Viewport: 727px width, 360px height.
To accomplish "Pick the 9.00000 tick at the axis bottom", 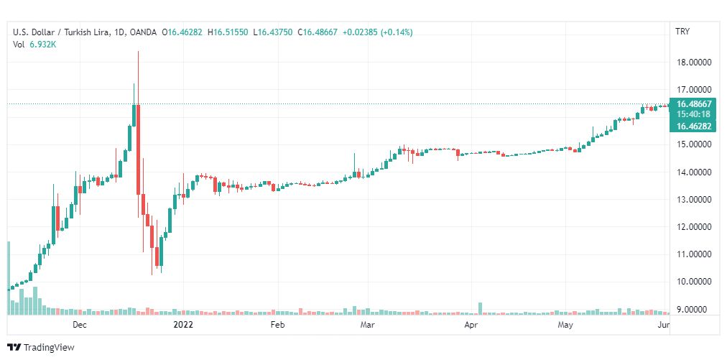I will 694,310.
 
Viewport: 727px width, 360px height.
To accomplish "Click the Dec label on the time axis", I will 80,326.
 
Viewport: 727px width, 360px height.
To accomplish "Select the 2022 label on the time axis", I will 184,326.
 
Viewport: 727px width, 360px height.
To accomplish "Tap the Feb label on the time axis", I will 277,326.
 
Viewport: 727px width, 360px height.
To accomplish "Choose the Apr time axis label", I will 471,326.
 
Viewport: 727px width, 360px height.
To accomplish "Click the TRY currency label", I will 682,32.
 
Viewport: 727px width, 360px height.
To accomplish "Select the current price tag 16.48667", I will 693,104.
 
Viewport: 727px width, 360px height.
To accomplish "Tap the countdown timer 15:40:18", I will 693,114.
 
